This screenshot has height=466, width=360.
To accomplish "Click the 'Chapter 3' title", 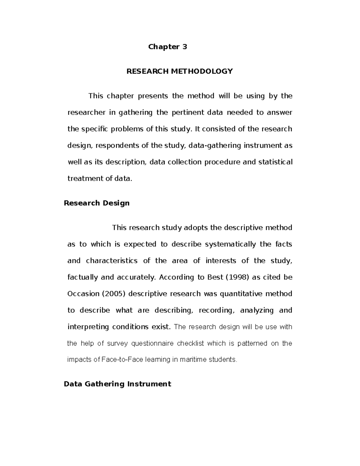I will pos(168,47).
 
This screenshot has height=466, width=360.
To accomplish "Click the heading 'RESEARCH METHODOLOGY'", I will pos(179,71).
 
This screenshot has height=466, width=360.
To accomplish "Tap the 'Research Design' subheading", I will pos(97,203).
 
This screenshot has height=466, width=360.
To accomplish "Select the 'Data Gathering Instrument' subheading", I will pos(117,384).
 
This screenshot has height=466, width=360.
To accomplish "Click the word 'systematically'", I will pos(230,244).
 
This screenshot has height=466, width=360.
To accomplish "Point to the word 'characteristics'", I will pos(112,261).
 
